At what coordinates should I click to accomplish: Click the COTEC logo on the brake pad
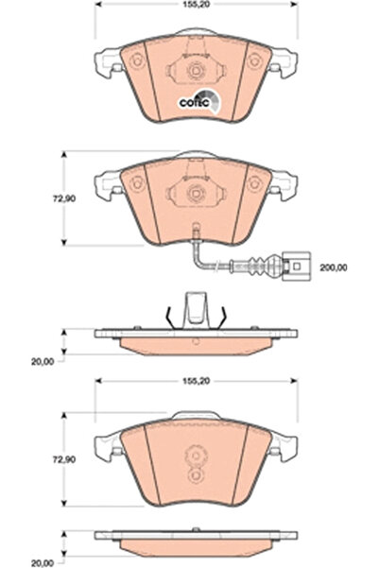(199, 101)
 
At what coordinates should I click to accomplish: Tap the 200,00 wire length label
(334, 267)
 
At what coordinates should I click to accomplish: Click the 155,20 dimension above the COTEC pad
(196, 5)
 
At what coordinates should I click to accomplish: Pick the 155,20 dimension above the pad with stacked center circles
(196, 382)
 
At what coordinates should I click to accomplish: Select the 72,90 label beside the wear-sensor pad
(64, 198)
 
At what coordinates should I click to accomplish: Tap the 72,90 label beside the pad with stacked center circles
(64, 459)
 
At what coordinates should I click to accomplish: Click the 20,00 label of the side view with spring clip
(43, 362)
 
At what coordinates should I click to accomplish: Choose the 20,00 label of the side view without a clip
(43, 563)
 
